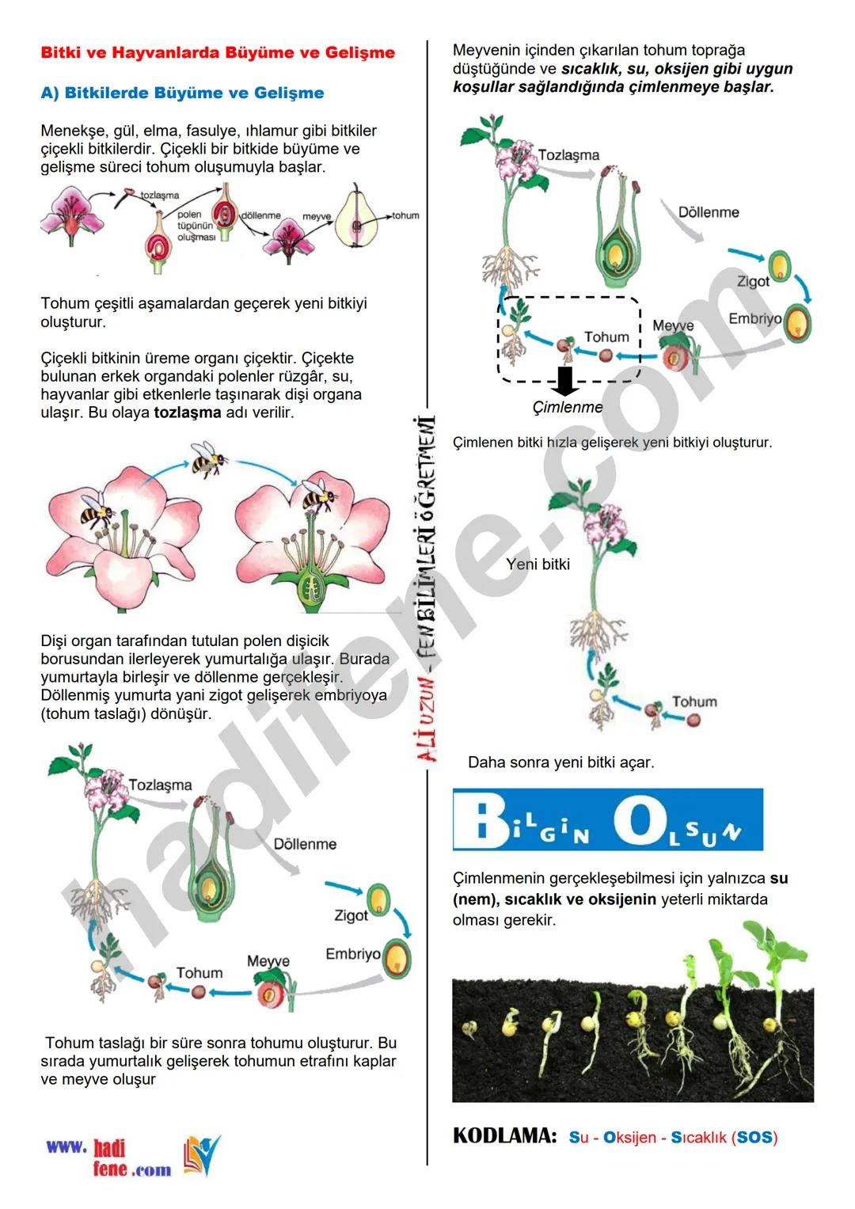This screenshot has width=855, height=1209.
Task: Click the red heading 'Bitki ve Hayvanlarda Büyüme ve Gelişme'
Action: pyautogui.click(x=218, y=53)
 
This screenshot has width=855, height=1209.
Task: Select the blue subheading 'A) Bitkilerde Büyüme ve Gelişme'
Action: pyautogui.click(x=182, y=93)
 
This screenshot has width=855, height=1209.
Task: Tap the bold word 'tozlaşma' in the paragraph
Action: pyautogui.click(x=188, y=413)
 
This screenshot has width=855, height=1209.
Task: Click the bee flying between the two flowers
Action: pyautogui.click(x=208, y=458)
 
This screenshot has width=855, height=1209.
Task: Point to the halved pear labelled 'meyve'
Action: pyautogui.click(x=356, y=219)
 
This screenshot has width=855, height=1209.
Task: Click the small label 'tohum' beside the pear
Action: pyautogui.click(x=406, y=215)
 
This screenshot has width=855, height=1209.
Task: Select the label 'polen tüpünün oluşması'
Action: pyautogui.click(x=195, y=226)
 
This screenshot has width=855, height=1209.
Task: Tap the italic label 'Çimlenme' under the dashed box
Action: pyautogui.click(x=567, y=407)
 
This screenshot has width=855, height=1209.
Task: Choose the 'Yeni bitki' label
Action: pyautogui.click(x=538, y=564)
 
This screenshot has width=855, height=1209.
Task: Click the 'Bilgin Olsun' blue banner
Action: pyautogui.click(x=607, y=819)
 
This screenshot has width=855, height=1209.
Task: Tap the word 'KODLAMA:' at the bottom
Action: pyautogui.click(x=505, y=1135)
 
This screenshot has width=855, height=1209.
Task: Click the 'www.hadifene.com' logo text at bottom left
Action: pyautogui.click(x=108, y=1158)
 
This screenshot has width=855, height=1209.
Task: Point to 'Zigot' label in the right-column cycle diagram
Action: pyautogui.click(x=753, y=281)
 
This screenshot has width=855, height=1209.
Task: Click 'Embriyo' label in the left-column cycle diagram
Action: pyautogui.click(x=352, y=953)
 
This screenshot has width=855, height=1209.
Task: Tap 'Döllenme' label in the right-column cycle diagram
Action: pyautogui.click(x=709, y=212)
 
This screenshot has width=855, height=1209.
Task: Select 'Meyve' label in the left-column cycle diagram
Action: pyautogui.click(x=268, y=960)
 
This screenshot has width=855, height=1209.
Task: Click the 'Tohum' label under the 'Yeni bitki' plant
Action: pyautogui.click(x=694, y=701)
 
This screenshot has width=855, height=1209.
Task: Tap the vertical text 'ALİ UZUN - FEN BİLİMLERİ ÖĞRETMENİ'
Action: pyautogui.click(x=427, y=590)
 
